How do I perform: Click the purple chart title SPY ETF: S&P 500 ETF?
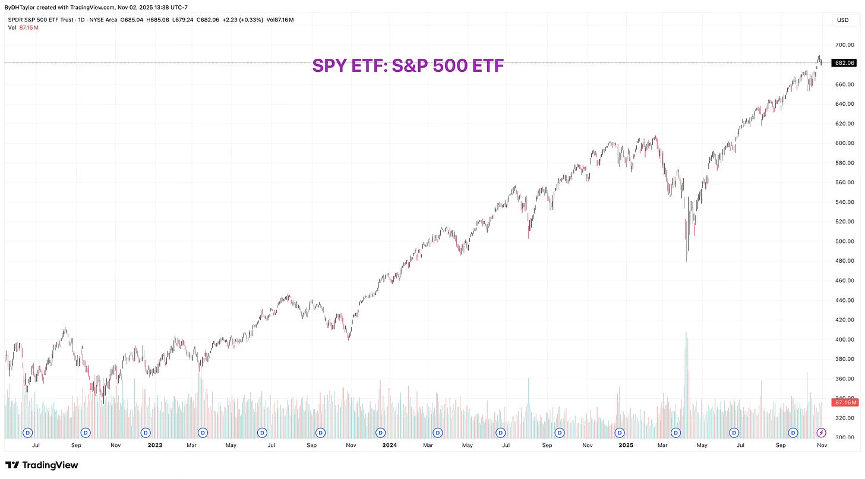(408, 66)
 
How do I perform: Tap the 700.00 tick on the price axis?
(844, 45)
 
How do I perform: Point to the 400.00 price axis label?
(844, 340)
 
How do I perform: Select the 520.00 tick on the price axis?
(844, 222)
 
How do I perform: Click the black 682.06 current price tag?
(844, 62)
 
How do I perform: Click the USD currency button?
(842, 20)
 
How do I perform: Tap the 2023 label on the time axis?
(154, 445)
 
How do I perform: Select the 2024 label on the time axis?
(389, 445)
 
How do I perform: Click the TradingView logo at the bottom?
(42, 465)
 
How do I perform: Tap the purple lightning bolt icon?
(822, 432)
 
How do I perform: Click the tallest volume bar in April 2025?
(686, 357)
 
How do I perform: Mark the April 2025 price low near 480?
(686, 260)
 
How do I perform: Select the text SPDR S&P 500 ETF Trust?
(41, 20)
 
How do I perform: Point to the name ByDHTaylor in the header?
(20, 7)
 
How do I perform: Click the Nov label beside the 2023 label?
(116, 445)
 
